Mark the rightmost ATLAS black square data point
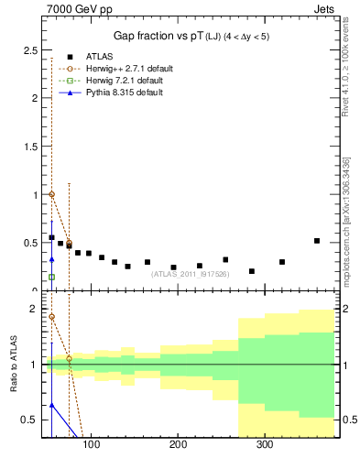click(x=317, y=241)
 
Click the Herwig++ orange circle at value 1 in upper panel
click(x=51, y=194)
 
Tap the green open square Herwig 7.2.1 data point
click(x=51, y=277)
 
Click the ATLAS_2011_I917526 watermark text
click(x=190, y=273)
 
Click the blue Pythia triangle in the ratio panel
click(x=51, y=404)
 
